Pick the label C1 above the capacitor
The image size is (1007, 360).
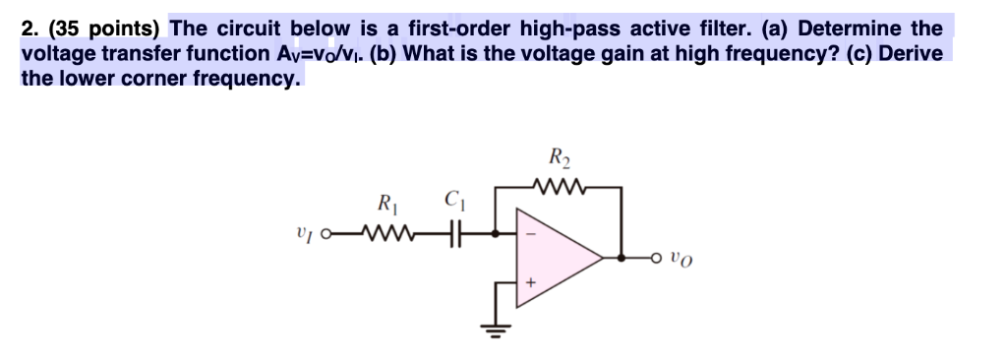tap(453, 206)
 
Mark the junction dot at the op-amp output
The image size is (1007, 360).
tap(620, 259)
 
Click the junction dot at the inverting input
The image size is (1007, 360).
tap(496, 234)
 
